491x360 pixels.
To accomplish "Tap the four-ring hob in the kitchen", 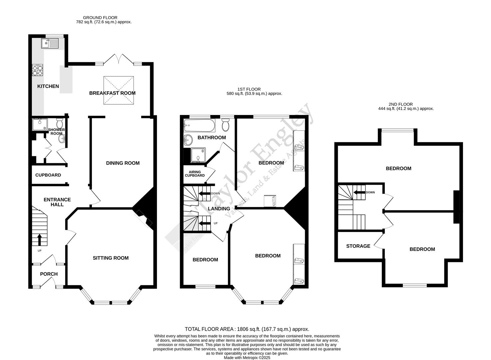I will [37, 70].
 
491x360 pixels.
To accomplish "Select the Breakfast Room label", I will [112, 93].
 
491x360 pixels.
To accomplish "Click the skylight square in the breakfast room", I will [119, 90].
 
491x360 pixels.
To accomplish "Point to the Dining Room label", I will [123, 163].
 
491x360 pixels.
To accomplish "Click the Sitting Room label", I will [111, 258].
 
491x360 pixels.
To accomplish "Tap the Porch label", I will [49, 274].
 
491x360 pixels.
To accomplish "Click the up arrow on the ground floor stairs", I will [40, 239].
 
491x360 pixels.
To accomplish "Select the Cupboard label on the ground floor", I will [48, 175].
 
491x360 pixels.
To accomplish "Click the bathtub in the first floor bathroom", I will [199, 126].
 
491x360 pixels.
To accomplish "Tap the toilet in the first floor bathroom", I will [226, 125].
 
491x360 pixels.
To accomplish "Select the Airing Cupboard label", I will [195, 174].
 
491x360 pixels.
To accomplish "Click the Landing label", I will [219, 209].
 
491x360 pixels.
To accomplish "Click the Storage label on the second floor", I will [358, 246].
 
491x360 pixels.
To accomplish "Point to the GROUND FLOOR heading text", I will [100, 18].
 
